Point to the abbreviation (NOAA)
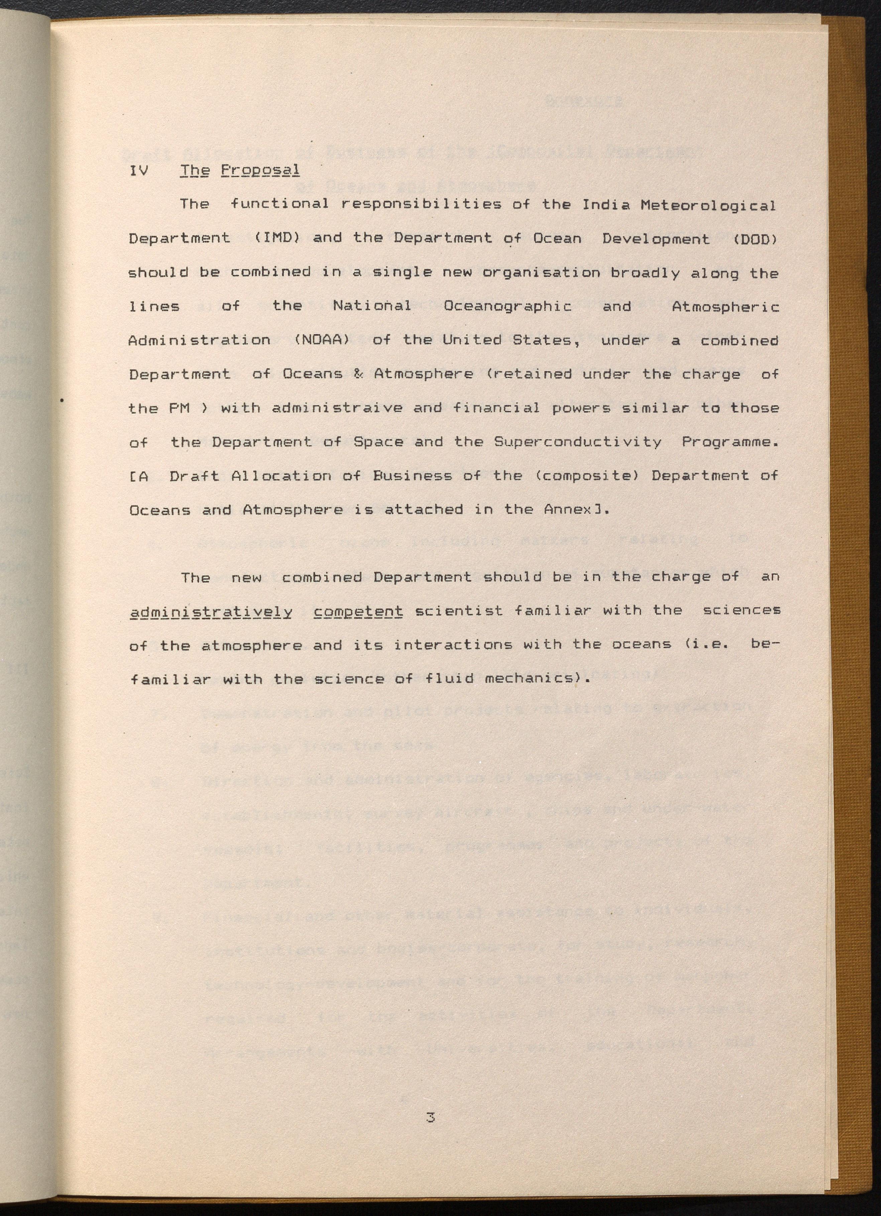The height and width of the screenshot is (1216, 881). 322,340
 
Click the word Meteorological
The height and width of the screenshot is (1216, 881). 708,205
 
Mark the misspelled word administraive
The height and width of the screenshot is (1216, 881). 337,408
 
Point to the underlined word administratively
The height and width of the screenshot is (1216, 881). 211,611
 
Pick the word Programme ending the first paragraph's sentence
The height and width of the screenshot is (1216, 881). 729,442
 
